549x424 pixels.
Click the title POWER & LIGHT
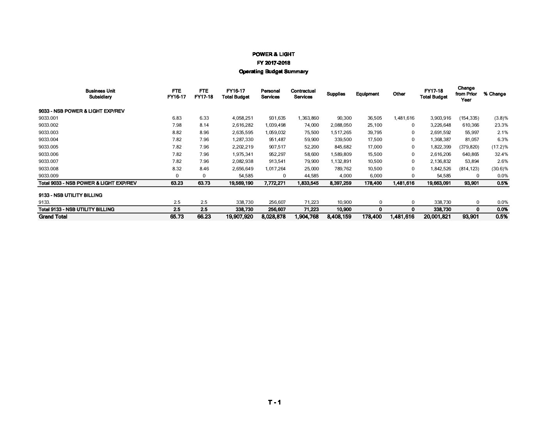tap(273, 54)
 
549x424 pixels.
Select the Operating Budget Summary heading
tap(273, 72)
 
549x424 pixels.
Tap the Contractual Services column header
tap(303, 94)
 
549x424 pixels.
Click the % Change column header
tap(494, 94)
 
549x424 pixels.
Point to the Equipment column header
tap(367, 94)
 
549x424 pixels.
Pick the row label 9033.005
tap(49, 147)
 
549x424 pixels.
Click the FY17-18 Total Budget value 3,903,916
tap(441, 118)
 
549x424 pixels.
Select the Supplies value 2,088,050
tap(341, 125)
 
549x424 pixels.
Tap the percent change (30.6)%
tap(499, 169)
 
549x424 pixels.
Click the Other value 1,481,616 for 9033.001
tap(404, 118)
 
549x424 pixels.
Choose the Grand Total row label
tap(53, 217)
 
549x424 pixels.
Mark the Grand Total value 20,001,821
tap(437, 217)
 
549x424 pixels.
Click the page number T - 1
tap(274, 403)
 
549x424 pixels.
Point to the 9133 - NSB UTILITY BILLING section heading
tap(71, 195)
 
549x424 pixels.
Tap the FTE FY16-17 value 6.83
tap(177, 118)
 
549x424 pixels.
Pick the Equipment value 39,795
tap(375, 132)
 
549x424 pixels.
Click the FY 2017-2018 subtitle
tap(273, 63)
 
